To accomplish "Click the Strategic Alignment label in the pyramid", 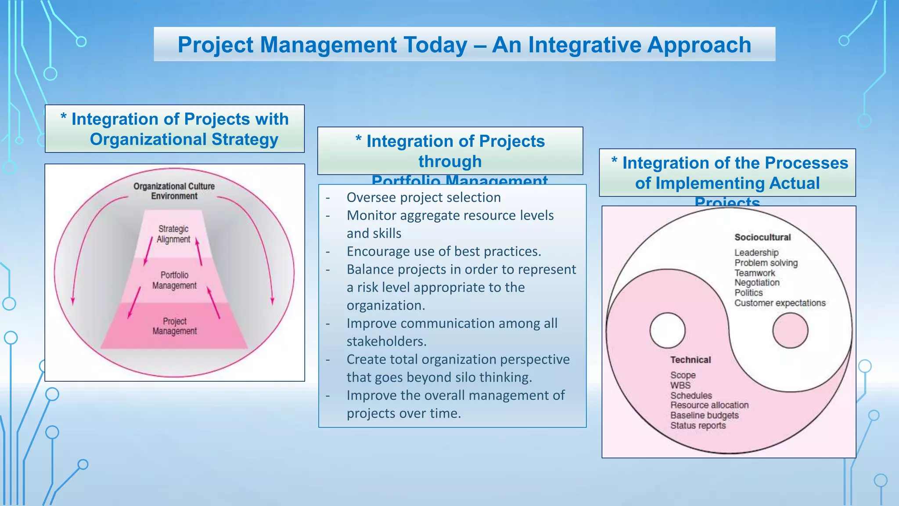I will pos(173,234).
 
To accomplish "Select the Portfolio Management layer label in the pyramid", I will pos(174,280).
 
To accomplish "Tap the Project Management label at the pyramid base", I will pos(174,326).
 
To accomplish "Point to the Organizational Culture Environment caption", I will pos(174,191).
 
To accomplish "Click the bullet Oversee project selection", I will pos(423,198).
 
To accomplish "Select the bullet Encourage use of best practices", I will pos(443,251).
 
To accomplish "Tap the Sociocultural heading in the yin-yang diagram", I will pos(762,237).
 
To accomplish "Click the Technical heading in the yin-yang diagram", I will pos(690,360).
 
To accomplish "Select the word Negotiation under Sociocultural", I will pos(757,282).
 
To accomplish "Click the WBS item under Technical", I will pos(680,385).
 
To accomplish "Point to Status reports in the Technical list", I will pos(698,425).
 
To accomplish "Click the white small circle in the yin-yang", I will pos(667,330).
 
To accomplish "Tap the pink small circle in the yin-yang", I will pos(790,330).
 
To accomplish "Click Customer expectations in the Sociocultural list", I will pos(780,303).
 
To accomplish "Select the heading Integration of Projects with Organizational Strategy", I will pos(175,129).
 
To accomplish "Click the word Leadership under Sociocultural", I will pos(756,253).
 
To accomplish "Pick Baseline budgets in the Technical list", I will pos(704,415).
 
